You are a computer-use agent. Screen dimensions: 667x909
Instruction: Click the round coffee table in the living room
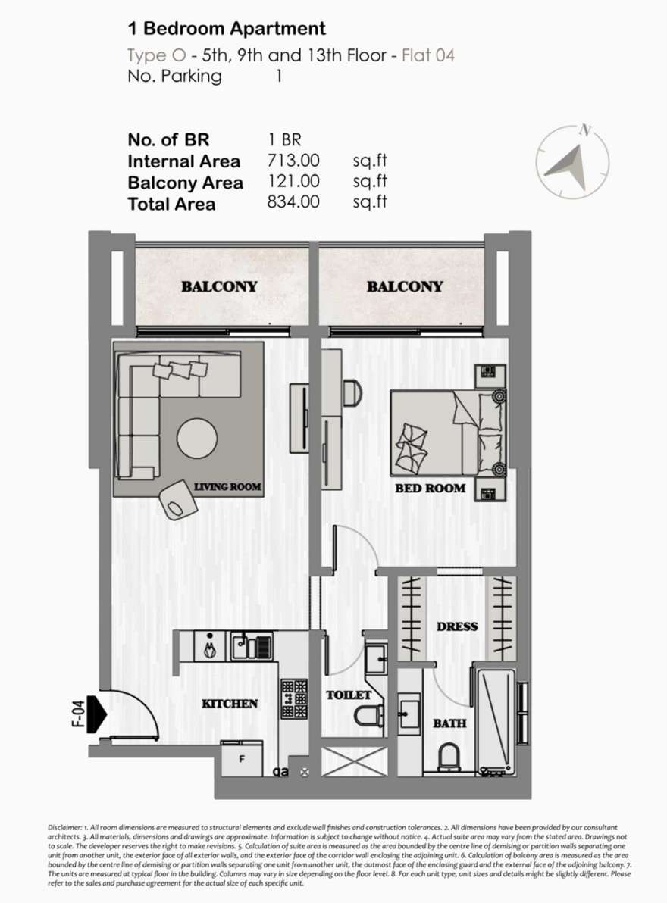tap(197, 439)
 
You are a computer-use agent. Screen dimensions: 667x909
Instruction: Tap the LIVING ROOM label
tap(227, 486)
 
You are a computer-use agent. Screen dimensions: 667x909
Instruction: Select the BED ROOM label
tap(431, 488)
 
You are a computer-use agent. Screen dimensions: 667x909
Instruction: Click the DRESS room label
tap(457, 626)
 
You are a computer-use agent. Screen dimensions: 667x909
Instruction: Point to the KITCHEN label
tap(230, 704)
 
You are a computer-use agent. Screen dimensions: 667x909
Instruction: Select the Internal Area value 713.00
tap(293, 161)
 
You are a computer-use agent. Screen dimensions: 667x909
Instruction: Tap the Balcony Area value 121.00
tap(293, 181)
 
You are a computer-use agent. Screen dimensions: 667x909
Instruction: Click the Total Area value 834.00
tap(293, 201)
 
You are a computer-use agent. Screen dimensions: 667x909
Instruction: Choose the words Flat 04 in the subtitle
tap(428, 55)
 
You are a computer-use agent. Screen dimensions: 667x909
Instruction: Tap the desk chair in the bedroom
tap(352, 393)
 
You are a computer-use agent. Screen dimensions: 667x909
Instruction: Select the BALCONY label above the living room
tap(219, 287)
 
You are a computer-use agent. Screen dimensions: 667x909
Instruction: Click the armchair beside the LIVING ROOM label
tap(179, 501)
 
